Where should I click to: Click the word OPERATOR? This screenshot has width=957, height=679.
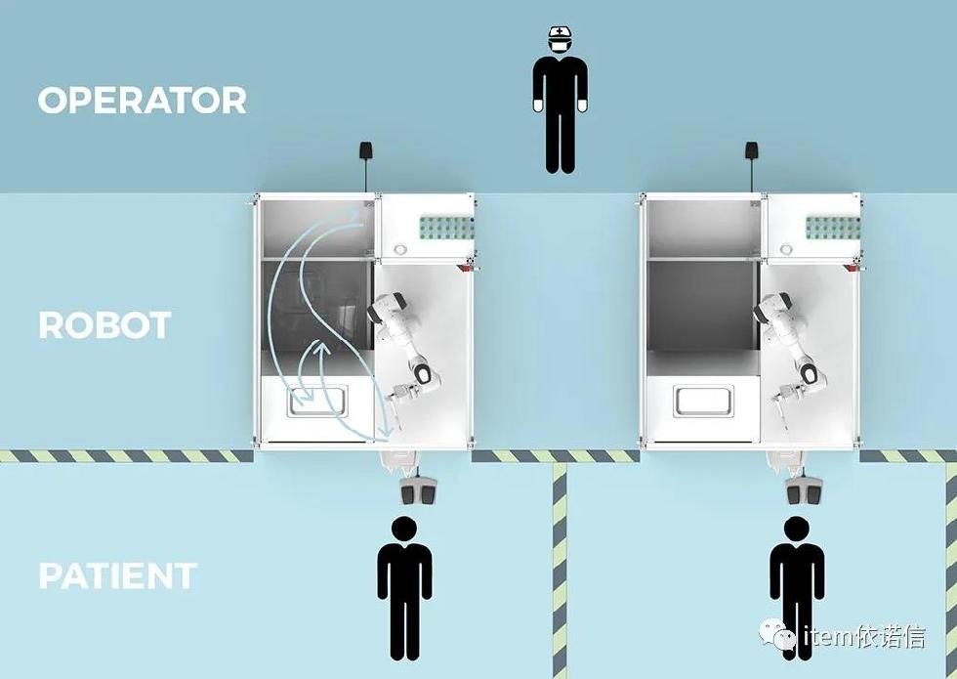[142, 101]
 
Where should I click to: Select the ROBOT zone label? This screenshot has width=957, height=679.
[104, 325]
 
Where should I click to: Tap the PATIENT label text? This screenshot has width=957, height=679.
[117, 575]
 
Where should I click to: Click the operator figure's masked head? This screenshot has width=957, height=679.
[559, 40]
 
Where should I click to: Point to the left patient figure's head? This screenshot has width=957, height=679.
[403, 530]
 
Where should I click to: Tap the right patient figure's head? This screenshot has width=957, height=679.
[797, 530]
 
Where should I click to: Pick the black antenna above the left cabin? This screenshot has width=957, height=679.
[365, 151]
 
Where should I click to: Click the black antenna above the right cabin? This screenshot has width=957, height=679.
[752, 151]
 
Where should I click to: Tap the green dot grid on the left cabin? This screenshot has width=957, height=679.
[445, 228]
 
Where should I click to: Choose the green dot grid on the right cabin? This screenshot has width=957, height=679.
[832, 228]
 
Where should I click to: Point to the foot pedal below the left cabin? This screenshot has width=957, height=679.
[418, 489]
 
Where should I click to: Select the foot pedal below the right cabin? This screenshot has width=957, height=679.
[804, 489]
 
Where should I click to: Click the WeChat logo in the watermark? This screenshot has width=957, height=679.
[784, 637]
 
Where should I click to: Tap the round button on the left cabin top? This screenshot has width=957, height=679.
[400, 249]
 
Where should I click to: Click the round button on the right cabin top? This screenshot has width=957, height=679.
[786, 249]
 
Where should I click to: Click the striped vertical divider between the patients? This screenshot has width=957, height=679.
[559, 567]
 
